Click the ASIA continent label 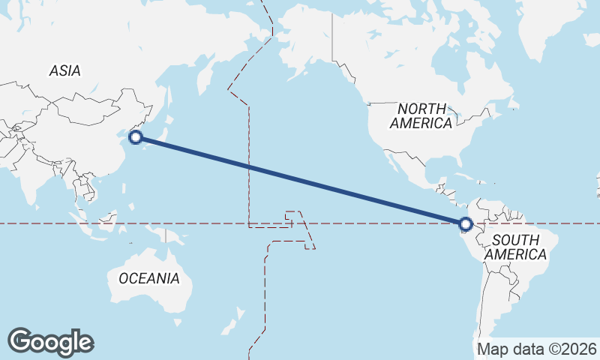(x=64, y=70)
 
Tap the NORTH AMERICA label (x=421, y=115)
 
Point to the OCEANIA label (x=149, y=278)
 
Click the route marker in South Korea (x=136, y=136)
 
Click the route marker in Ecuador (x=466, y=223)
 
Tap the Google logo (x=50, y=341)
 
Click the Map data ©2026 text (x=536, y=349)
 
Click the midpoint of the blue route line (x=301, y=180)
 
